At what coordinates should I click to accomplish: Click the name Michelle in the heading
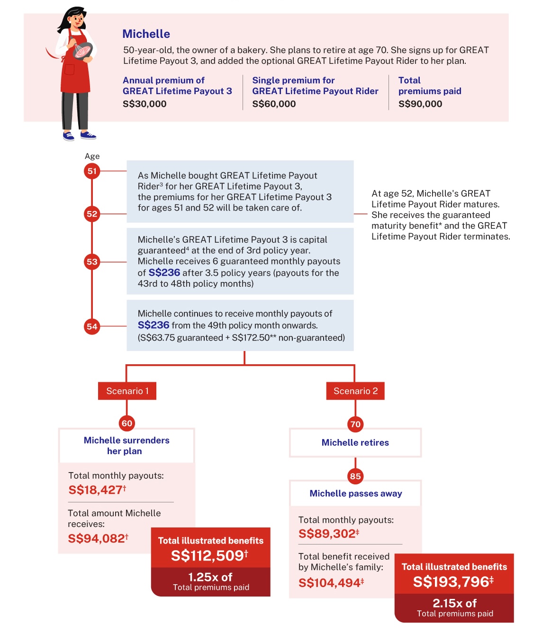tap(146, 34)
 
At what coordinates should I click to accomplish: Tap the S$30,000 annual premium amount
tap(145, 104)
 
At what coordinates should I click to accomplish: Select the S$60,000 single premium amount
tap(274, 104)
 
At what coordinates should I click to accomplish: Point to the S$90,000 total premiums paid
tap(420, 104)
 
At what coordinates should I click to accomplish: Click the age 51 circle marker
tap(92, 171)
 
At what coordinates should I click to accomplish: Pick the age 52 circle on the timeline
tap(92, 214)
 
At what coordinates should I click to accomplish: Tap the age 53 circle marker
tap(92, 262)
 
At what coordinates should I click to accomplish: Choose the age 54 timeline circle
tap(92, 326)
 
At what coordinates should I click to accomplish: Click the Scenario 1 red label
tap(127, 391)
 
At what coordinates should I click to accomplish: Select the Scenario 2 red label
tap(355, 391)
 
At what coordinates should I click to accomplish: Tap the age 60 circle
tap(126, 423)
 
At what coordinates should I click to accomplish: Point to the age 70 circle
tap(355, 424)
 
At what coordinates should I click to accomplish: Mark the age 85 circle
tap(355, 476)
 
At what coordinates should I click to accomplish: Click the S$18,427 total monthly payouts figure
tap(97, 490)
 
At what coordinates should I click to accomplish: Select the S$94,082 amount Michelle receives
tap(98, 538)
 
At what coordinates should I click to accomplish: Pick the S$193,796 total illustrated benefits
tap(453, 582)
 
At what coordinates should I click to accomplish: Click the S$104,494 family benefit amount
tap(331, 583)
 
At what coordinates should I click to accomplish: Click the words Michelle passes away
tap(355, 493)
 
